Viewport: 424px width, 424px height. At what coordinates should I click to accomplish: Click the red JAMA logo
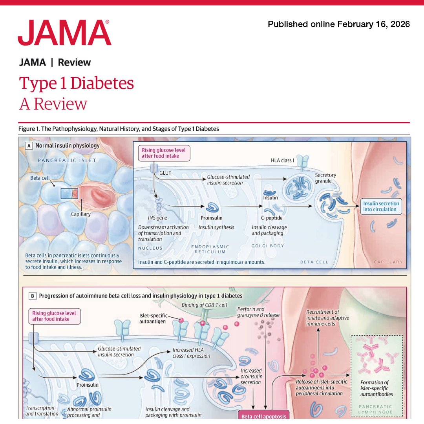[64, 33]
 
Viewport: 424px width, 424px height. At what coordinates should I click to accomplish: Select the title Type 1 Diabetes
[76, 83]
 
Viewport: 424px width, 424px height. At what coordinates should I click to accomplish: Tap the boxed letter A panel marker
[29, 146]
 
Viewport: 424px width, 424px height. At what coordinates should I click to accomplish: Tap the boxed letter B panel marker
[33, 296]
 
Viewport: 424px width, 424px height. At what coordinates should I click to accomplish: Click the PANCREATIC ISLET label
[67, 160]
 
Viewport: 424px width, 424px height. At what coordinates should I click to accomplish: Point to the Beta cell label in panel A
[40, 178]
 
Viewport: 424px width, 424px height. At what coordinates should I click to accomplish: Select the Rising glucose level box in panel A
[164, 153]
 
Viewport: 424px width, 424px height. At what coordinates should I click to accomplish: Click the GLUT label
[165, 173]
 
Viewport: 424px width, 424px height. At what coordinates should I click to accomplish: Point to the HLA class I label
[282, 160]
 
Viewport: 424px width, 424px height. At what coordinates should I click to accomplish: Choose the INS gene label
[157, 218]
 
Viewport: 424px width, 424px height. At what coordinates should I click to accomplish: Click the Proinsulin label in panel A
[212, 218]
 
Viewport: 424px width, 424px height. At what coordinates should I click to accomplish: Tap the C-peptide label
[272, 218]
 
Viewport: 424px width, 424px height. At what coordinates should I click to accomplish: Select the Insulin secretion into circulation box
[381, 207]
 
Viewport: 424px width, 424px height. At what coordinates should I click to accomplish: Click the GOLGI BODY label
[268, 246]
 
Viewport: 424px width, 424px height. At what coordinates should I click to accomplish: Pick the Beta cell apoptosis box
[264, 416]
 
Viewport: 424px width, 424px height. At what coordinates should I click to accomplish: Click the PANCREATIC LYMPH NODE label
[375, 409]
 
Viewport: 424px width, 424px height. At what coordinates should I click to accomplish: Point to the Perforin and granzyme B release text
[258, 312]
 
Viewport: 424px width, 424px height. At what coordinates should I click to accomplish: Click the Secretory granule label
[325, 178]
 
